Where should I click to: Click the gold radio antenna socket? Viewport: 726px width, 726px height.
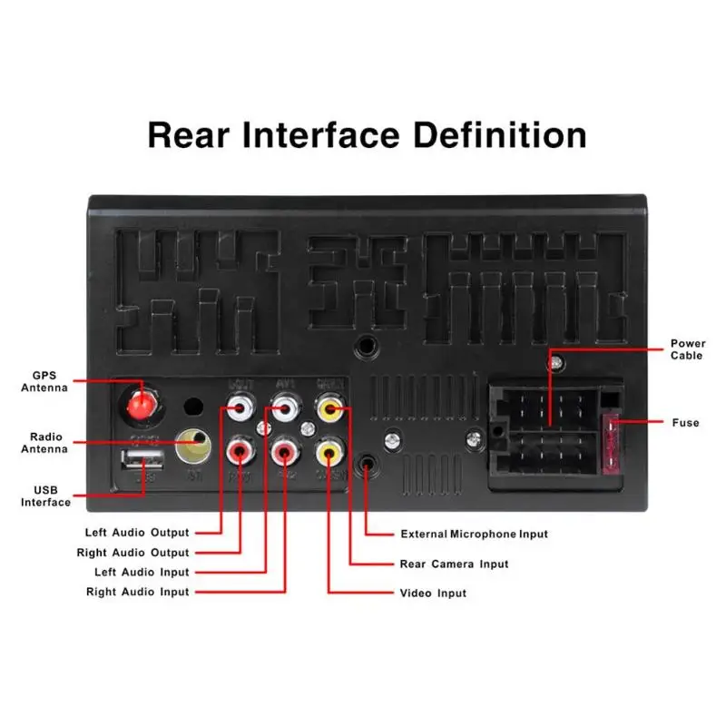(x=192, y=445)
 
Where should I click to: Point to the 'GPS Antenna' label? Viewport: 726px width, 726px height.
(x=44, y=381)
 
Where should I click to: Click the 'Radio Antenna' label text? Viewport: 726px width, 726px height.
(x=44, y=442)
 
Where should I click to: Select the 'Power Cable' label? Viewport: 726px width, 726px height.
(x=688, y=349)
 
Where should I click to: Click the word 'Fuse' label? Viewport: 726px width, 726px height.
(x=685, y=423)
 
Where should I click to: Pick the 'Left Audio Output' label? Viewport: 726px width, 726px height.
(x=137, y=533)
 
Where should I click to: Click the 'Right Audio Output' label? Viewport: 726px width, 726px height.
(x=133, y=553)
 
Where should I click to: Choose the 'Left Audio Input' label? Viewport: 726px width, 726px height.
(x=142, y=573)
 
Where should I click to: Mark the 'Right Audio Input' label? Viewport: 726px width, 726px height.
(x=137, y=592)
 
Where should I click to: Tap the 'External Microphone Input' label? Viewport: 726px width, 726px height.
(x=474, y=535)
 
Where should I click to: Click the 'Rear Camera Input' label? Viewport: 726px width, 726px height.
(x=454, y=564)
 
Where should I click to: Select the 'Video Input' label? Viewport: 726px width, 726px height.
(x=433, y=593)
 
